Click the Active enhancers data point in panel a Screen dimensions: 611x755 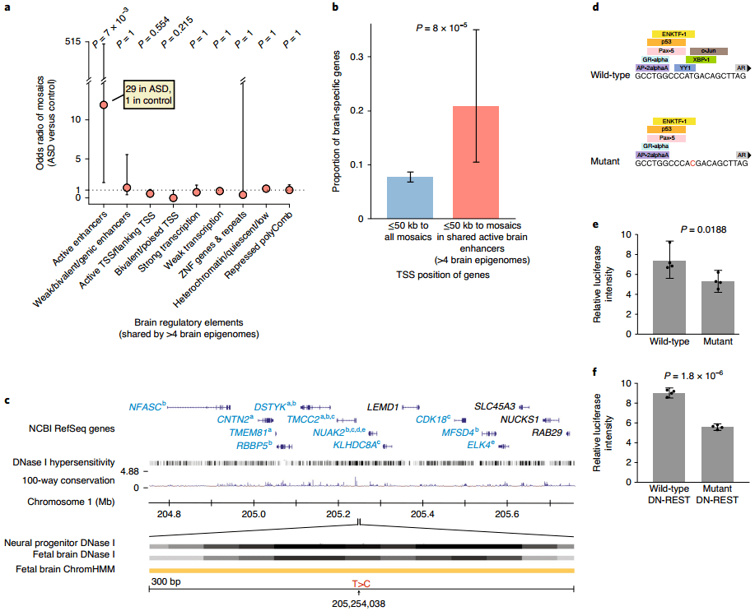tap(104, 105)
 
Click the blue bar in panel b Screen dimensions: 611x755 tap(411, 197)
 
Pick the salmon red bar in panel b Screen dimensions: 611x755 tap(476, 162)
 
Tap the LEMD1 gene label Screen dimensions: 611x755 tap(383, 406)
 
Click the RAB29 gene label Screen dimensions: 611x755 tap(548, 431)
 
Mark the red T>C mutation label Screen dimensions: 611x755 tap(361, 583)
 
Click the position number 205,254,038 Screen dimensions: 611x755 tap(361, 603)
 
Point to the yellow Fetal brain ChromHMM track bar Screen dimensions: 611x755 tap(361, 570)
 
